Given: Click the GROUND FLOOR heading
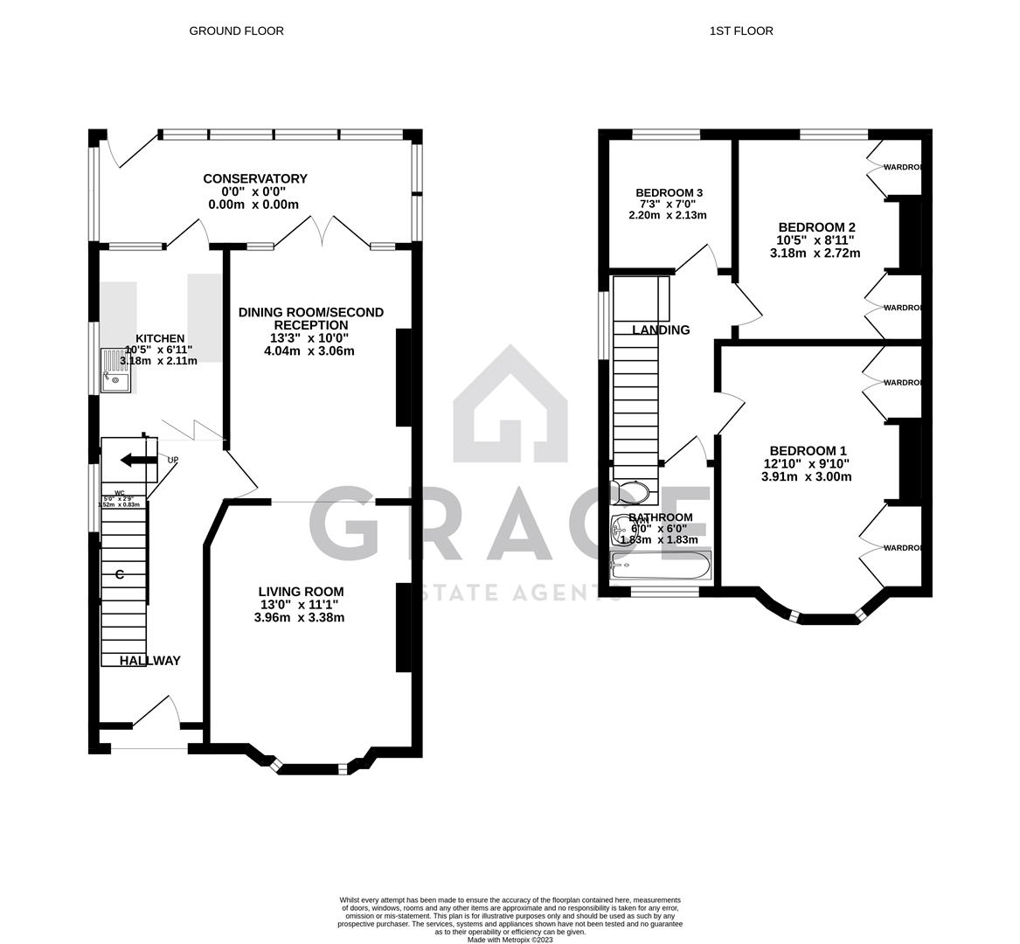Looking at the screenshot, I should [x=236, y=31].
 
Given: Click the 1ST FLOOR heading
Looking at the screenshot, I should [x=741, y=31].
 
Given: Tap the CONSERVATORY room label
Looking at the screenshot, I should [x=254, y=178].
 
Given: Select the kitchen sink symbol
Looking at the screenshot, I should [x=114, y=371].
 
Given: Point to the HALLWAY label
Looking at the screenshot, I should [x=149, y=661].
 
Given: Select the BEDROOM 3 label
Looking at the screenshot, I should [x=669, y=192].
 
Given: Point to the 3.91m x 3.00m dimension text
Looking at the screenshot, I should [x=807, y=476].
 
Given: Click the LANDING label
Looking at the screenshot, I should [x=661, y=330].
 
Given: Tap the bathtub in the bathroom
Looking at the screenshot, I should [x=661, y=567].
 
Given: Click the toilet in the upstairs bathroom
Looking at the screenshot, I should [x=631, y=494].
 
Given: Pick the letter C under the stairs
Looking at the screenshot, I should [x=119, y=574].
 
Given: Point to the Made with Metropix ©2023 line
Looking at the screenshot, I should [x=510, y=940].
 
